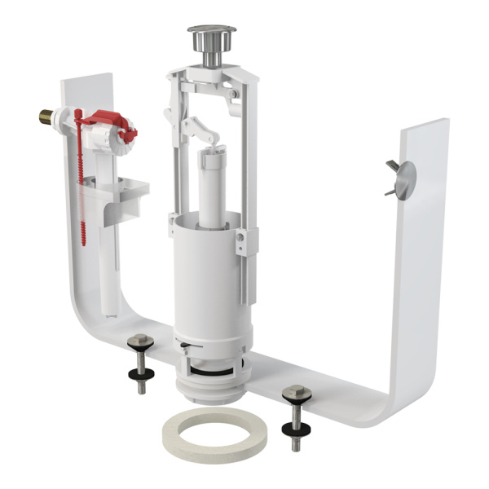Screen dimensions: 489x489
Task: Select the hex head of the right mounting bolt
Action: (x=294, y=394)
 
